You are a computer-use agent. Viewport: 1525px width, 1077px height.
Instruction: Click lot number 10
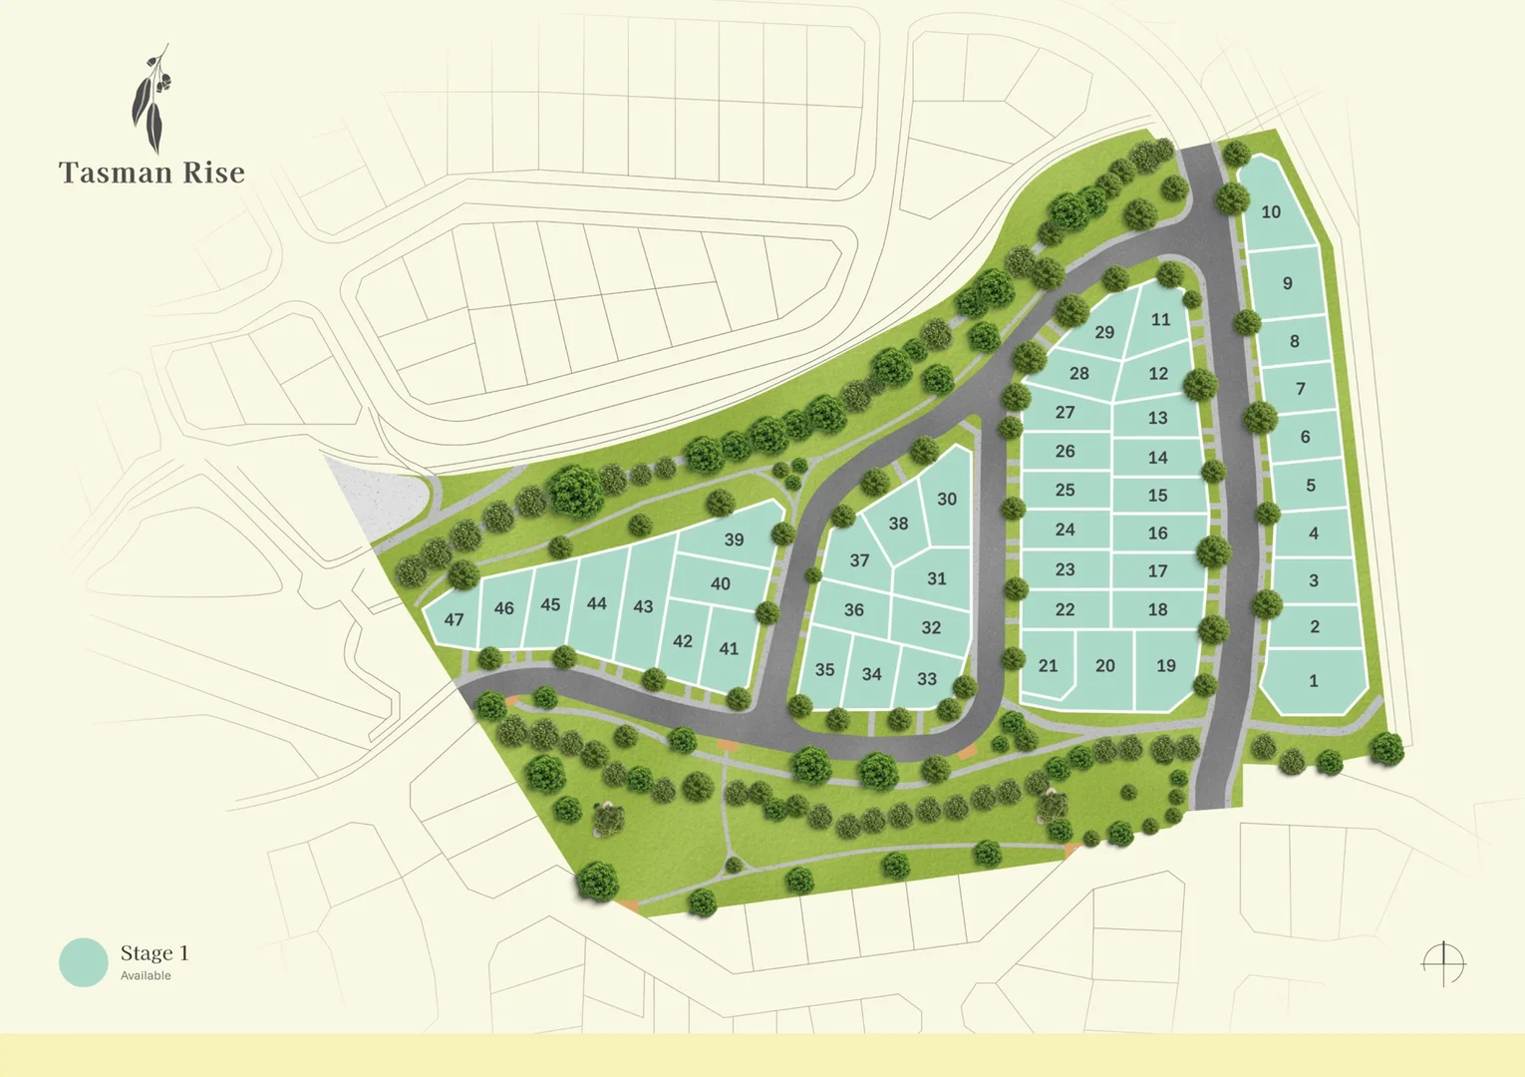(x=1271, y=211)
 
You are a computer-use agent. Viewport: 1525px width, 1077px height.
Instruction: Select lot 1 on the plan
(x=1313, y=681)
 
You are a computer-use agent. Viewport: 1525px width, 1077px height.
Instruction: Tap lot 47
(x=454, y=619)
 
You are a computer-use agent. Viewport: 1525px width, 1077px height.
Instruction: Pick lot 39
(x=734, y=539)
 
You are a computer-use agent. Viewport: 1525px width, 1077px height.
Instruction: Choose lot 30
(x=947, y=499)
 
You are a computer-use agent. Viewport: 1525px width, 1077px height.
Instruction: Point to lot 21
(x=1048, y=665)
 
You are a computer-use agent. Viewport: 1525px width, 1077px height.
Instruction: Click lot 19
(x=1166, y=665)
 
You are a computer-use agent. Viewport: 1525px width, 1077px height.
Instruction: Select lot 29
(x=1104, y=332)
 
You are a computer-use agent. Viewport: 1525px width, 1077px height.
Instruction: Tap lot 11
(x=1160, y=319)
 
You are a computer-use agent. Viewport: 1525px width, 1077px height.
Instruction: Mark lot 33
(x=927, y=678)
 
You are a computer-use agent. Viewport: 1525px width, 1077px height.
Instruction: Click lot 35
(x=824, y=670)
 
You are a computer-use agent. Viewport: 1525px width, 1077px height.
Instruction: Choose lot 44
(x=596, y=603)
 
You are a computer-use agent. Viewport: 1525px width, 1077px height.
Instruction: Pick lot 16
(x=1157, y=533)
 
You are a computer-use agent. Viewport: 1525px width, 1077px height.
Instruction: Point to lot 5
(x=1310, y=486)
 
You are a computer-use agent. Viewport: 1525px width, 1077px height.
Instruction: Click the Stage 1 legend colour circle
(x=84, y=962)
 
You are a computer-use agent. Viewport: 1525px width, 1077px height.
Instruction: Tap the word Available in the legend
(x=146, y=976)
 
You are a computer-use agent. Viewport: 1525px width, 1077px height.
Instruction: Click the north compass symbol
(x=1443, y=963)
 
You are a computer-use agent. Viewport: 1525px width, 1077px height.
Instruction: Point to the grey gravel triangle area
(x=379, y=499)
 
